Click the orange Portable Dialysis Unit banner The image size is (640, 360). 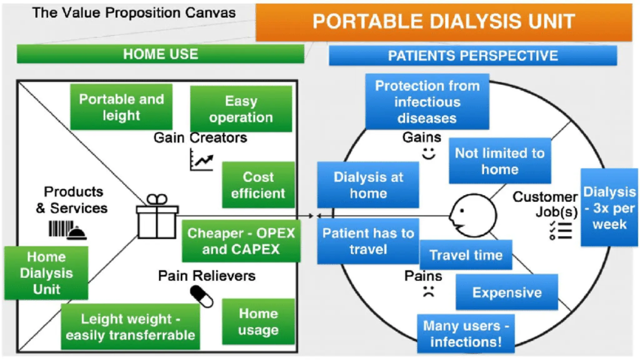click(444, 22)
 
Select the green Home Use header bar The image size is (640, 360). click(160, 54)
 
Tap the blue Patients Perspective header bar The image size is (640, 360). click(473, 56)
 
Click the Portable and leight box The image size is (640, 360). click(121, 107)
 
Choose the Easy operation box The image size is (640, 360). click(241, 109)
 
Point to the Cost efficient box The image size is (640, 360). click(258, 185)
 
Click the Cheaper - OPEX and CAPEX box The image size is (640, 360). click(241, 241)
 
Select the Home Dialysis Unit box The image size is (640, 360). click(46, 273)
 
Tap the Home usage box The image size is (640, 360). click(258, 322)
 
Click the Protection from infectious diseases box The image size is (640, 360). click(427, 102)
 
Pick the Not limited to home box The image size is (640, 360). click(500, 161)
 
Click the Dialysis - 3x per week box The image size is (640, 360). click(609, 208)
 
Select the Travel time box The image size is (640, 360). click(466, 255)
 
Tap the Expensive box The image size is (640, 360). click(507, 292)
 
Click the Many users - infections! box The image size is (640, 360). click(466, 334)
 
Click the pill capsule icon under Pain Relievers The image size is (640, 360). click(202, 296)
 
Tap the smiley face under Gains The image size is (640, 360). click(428, 153)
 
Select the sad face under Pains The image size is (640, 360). click(428, 291)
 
